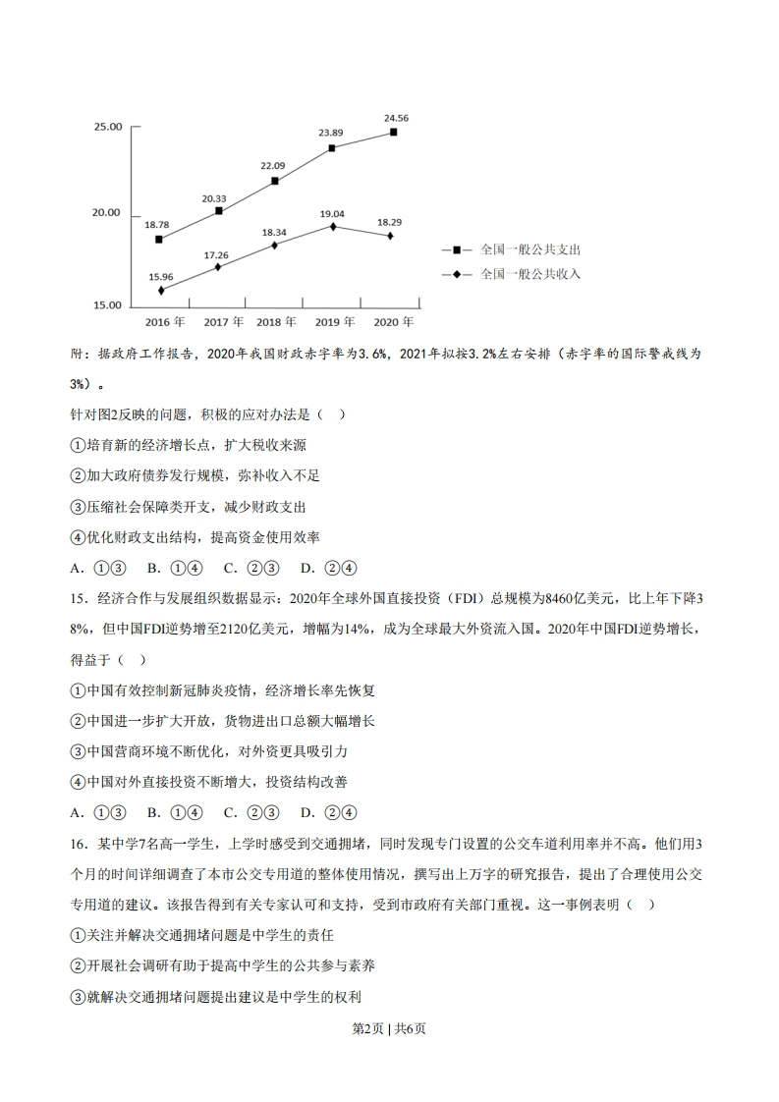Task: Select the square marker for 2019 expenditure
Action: [332, 148]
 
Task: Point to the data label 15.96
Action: [161, 277]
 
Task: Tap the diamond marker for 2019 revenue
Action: [332, 226]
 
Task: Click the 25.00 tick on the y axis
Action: [107, 128]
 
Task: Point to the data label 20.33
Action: [214, 198]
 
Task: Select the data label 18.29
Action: [389, 222]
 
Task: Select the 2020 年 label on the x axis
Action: [393, 322]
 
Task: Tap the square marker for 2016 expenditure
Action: [159, 239]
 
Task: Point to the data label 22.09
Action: [273, 166]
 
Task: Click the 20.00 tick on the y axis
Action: [107, 213]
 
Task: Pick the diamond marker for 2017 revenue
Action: [217, 266]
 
